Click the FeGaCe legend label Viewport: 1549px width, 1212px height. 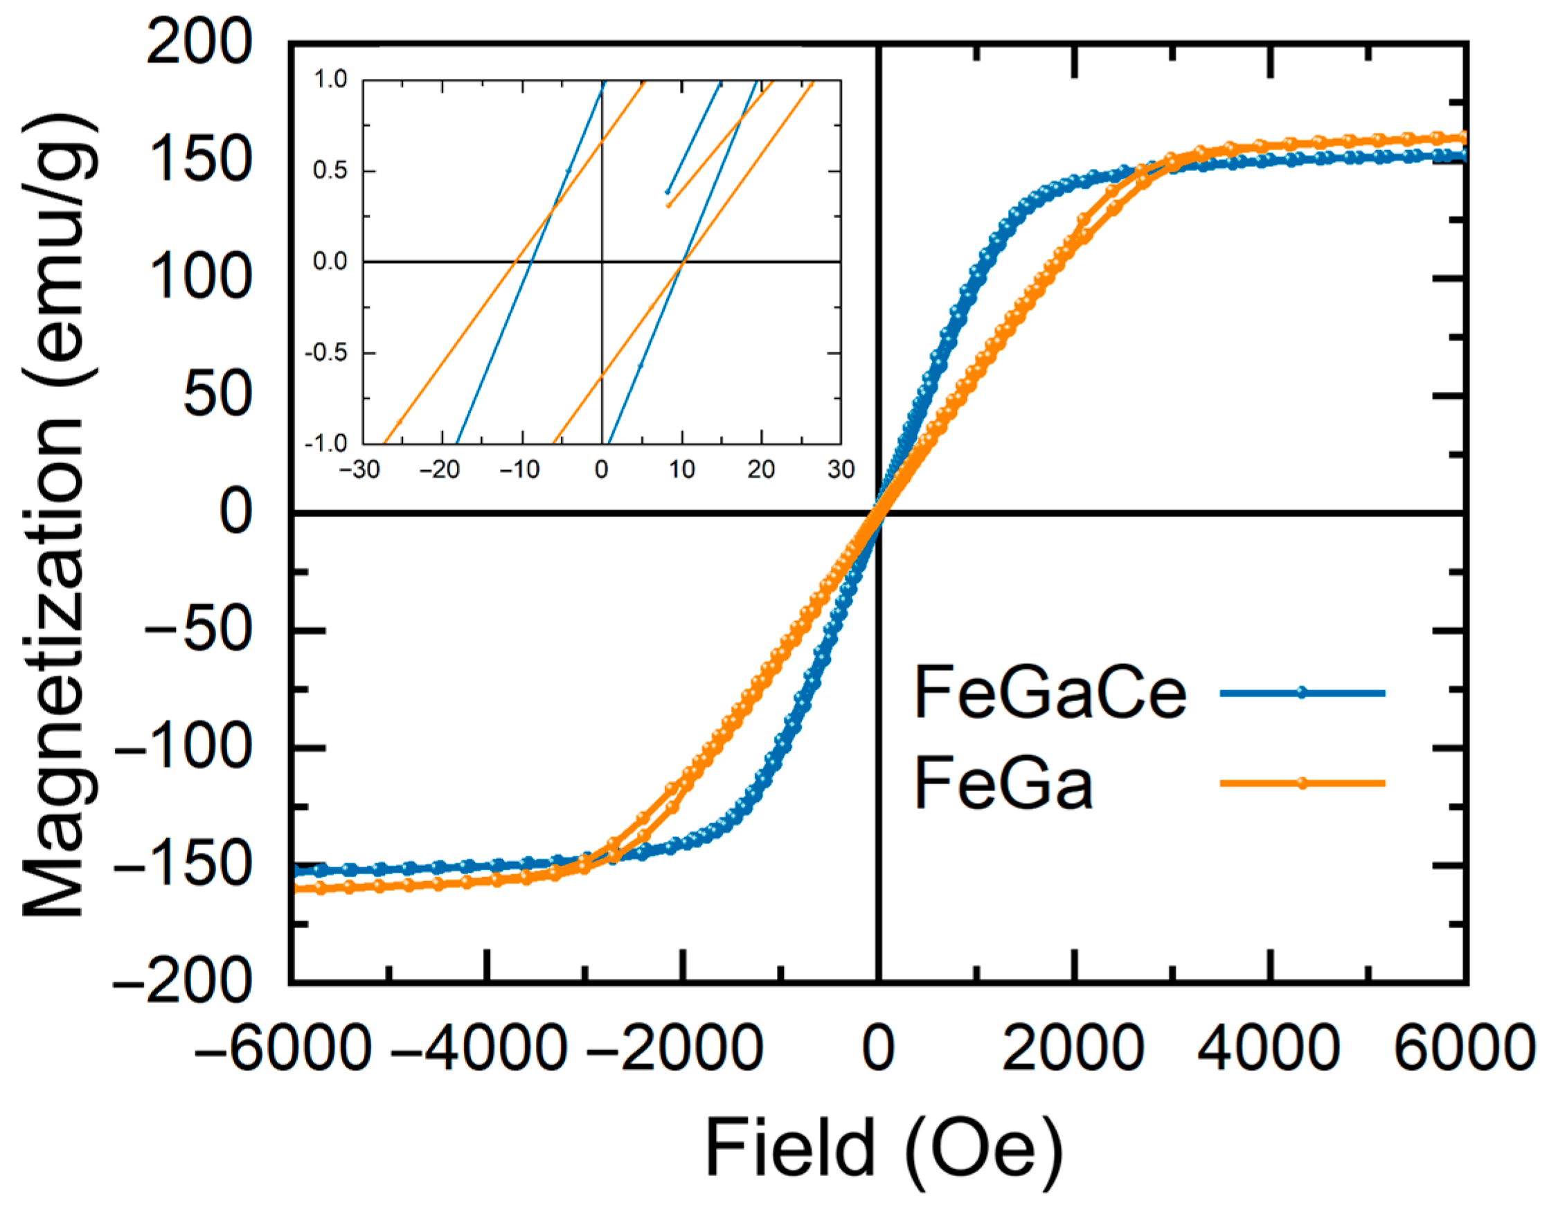point(1050,694)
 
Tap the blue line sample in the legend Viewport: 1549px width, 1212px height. point(1301,694)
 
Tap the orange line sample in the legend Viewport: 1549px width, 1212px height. point(1301,784)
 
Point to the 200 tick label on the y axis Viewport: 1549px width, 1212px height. point(199,43)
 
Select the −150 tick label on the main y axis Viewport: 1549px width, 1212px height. point(183,866)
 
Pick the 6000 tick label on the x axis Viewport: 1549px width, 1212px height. point(1464,1049)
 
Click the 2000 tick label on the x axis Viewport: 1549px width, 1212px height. point(1073,1049)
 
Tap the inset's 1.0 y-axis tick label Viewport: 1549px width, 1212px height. point(331,80)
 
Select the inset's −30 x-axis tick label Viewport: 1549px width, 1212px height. point(359,470)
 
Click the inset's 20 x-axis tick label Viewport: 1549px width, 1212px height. point(761,470)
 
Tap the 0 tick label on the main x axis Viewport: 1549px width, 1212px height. point(878,1049)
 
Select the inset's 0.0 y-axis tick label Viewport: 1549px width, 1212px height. point(330,262)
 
